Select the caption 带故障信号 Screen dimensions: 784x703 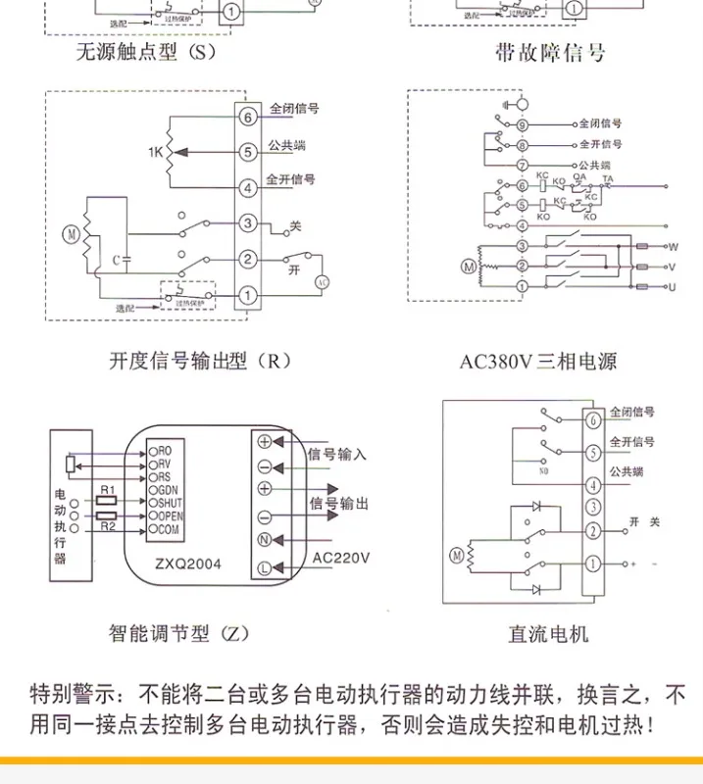tap(550, 52)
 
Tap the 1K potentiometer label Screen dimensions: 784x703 tap(154, 153)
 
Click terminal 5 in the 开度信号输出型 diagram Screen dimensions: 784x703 tap(248, 151)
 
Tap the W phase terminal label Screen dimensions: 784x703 tap(673, 246)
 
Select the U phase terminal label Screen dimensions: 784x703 tap(673, 286)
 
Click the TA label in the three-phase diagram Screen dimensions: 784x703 tap(608, 178)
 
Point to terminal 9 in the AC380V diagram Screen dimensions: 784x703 tap(522, 125)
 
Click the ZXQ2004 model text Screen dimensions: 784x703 tap(189, 564)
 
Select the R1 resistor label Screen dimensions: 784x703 tap(109, 489)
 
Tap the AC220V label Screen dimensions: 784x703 tap(341, 560)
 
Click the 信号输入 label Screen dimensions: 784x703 tap(337, 454)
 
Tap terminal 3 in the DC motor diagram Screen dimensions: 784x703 tap(592, 507)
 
